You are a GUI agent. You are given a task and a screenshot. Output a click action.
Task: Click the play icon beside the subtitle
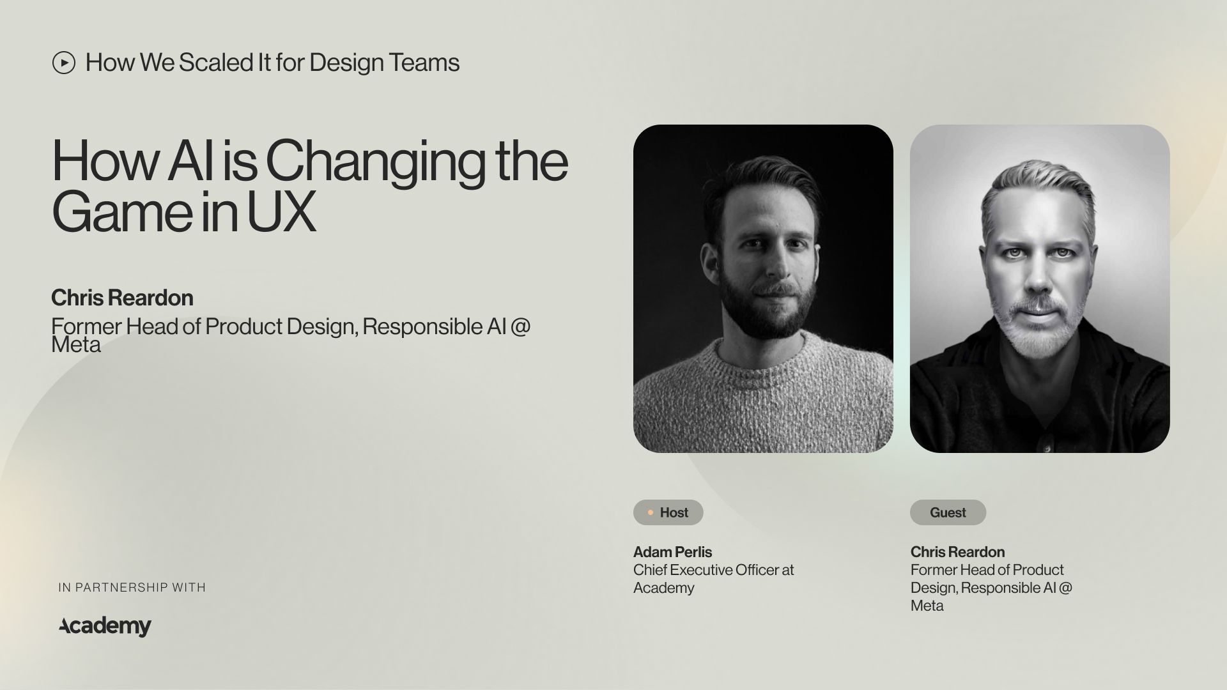[64, 63]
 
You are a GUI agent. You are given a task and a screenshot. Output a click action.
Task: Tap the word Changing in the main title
[375, 162]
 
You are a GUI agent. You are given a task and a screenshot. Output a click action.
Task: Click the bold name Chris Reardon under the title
[122, 298]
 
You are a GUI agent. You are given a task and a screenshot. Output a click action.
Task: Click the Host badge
[668, 512]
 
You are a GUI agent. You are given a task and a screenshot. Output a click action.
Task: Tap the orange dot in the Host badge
[651, 512]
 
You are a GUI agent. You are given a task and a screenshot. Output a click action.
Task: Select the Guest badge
[948, 512]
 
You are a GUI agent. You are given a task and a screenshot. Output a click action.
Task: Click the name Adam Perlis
[672, 552]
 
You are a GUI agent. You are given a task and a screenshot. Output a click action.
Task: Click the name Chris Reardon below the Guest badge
[957, 552]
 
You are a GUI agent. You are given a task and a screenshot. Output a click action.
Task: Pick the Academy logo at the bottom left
[105, 626]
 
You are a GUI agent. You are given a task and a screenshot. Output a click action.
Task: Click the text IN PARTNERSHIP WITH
[132, 587]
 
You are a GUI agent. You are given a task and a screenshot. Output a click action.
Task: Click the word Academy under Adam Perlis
[663, 588]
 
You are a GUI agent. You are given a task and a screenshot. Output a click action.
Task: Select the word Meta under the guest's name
[927, 606]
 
